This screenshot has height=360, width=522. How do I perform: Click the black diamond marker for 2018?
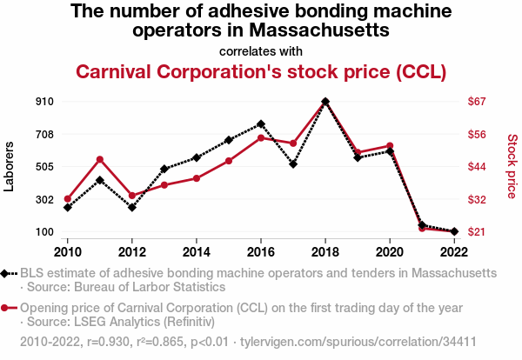325,102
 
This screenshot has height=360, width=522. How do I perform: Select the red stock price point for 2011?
100,159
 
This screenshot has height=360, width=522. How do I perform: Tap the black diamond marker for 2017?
293,164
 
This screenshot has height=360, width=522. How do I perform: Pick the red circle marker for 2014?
197,178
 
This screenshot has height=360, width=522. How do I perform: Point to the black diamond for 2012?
132,208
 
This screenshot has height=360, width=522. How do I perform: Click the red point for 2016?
261,138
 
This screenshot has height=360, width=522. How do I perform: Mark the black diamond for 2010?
68,208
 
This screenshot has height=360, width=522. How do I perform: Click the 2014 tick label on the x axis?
197,251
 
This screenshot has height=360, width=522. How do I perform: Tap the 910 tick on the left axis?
45,102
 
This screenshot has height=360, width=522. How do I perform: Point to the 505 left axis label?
45,167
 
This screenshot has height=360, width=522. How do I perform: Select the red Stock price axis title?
512,166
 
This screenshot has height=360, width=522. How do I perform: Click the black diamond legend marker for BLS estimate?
10,273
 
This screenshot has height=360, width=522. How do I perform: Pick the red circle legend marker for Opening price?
10,308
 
